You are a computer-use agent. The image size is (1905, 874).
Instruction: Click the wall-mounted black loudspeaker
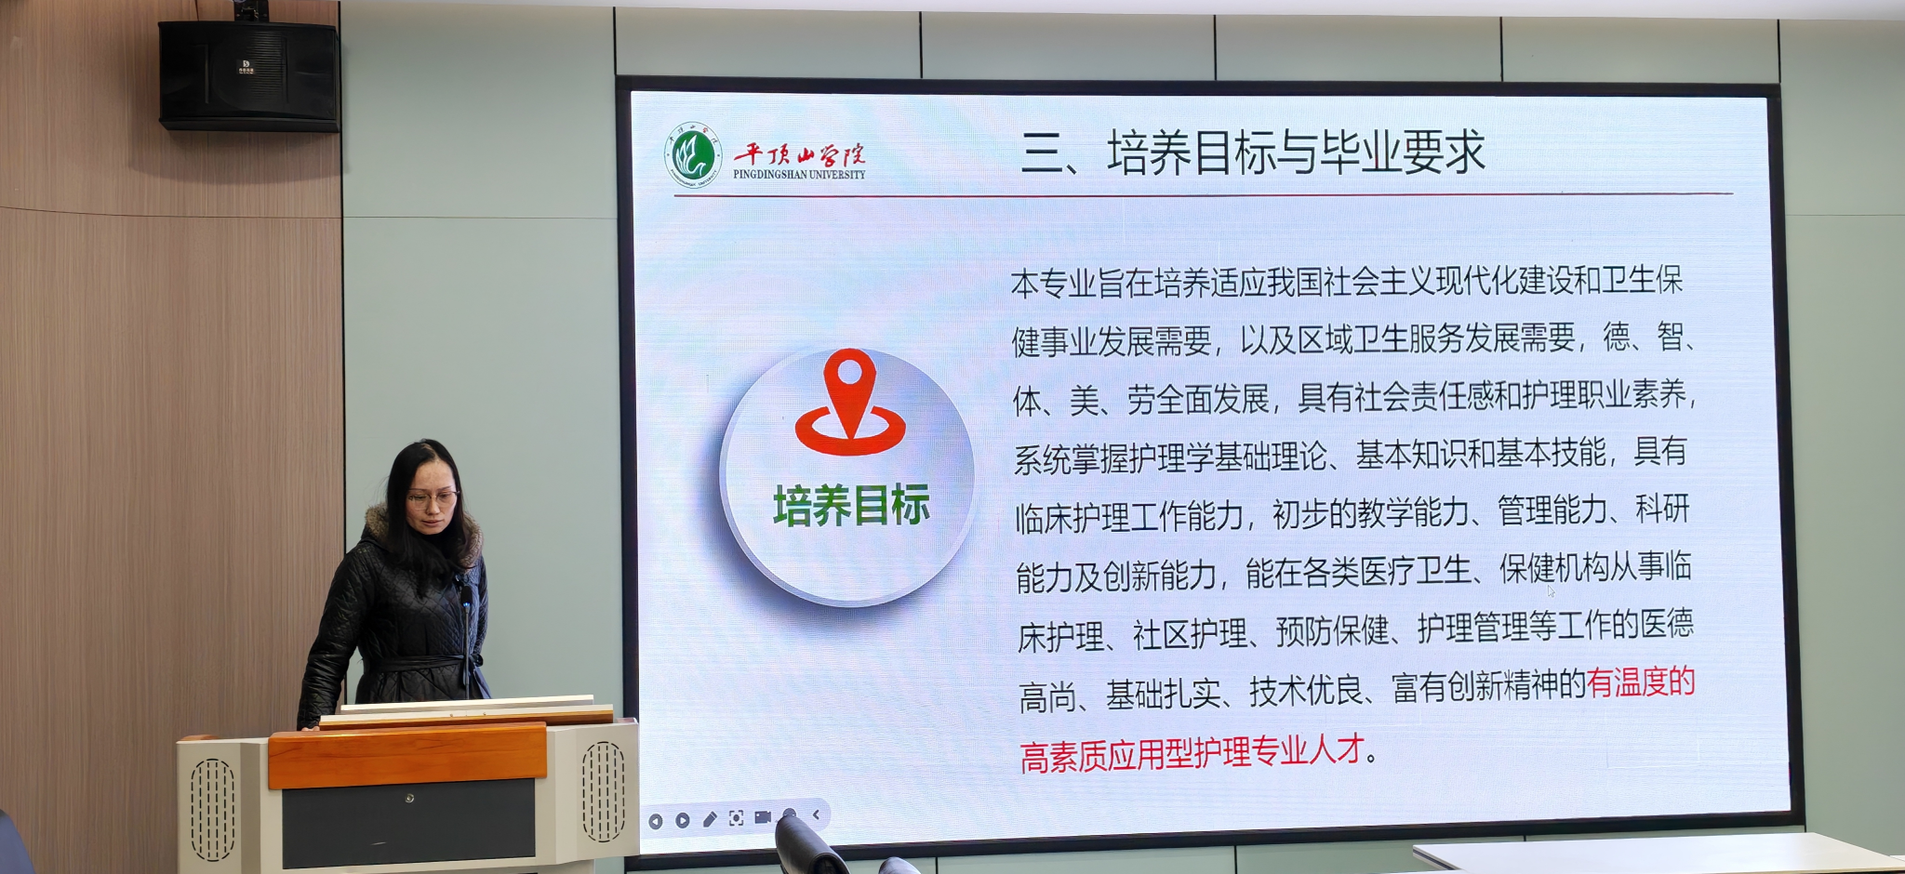coord(248,75)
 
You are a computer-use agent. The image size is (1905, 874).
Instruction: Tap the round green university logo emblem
coord(693,156)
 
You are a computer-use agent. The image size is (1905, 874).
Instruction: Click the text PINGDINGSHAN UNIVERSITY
coord(799,174)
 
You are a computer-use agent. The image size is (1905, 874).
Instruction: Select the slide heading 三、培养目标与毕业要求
coord(1253,153)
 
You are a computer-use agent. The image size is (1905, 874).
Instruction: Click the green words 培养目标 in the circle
coord(851,506)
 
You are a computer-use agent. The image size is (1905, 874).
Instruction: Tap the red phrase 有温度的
coord(1641,682)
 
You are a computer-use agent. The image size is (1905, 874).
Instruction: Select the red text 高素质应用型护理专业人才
coord(1192,752)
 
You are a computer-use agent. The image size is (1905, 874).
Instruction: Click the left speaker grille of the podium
coord(212,809)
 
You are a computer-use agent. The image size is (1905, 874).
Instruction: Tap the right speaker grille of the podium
coord(604,791)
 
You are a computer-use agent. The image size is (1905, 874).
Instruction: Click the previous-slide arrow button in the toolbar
coord(656,821)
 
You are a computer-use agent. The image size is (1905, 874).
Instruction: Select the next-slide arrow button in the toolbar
coord(683,820)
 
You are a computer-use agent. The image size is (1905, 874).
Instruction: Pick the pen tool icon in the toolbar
coord(710,819)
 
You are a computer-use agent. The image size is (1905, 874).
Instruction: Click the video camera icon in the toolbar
coord(763,817)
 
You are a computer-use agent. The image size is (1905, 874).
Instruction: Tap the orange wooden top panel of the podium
coord(407,754)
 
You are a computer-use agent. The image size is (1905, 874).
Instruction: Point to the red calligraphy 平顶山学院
coord(799,153)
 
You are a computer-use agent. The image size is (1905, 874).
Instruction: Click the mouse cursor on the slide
coord(1551,590)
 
